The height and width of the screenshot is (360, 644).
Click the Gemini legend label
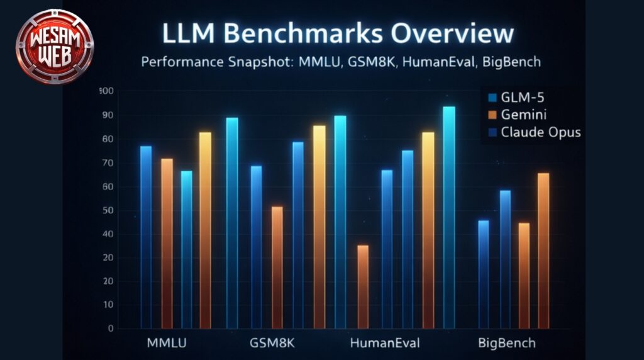coord(524,115)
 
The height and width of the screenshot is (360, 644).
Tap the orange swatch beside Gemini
coord(492,115)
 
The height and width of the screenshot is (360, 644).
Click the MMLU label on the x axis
coord(167,343)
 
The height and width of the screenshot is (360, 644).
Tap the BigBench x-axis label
coord(506,343)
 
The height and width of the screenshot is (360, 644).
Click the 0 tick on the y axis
coord(110,328)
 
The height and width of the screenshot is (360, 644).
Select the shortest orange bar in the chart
coord(363,286)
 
